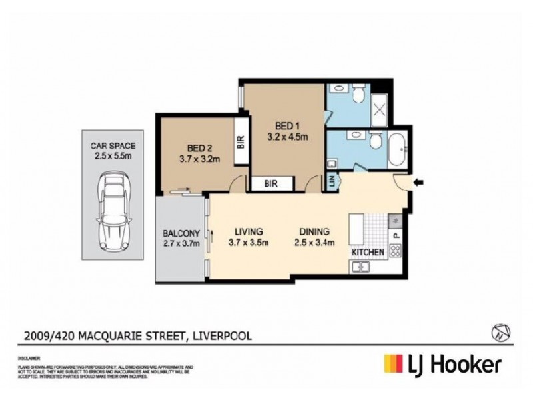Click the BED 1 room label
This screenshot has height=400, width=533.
[280, 124]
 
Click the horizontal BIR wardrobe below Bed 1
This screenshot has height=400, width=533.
[270, 183]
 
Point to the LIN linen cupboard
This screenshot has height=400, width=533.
[330, 181]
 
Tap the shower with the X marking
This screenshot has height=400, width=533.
[380, 107]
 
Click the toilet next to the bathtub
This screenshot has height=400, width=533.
[374, 141]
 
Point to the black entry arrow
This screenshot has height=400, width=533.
[420, 181]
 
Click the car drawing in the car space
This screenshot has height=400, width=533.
[111, 211]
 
